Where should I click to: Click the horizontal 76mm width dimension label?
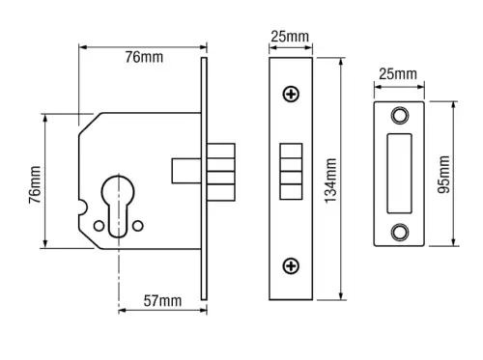click(144, 59)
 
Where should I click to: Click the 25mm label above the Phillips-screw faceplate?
click(290, 37)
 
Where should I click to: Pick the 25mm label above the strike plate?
click(398, 74)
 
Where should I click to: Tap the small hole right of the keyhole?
click(138, 225)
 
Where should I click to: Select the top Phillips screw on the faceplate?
click(290, 94)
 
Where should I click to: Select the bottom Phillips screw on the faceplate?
click(290, 265)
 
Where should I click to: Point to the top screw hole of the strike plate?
click(399, 116)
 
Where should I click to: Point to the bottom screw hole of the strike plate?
click(399, 231)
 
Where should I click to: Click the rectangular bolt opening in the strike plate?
click(399, 173)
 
